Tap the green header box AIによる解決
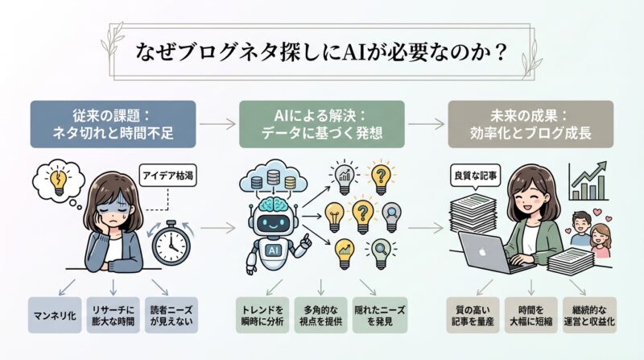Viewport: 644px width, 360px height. pyautogui.click(x=321, y=124)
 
